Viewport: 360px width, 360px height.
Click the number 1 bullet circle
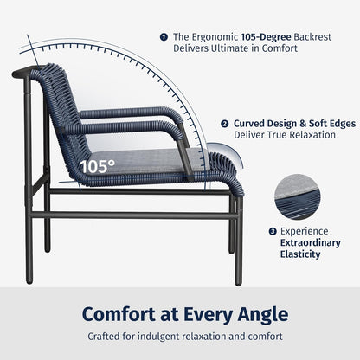point(164,36)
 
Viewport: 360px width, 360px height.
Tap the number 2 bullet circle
point(224,124)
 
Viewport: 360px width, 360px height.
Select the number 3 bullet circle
point(272,231)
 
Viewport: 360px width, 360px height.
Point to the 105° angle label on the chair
point(96,165)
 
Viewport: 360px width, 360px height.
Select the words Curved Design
point(262,124)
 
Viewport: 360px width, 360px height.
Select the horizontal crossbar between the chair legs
point(138,214)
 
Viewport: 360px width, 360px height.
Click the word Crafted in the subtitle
point(106,337)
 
